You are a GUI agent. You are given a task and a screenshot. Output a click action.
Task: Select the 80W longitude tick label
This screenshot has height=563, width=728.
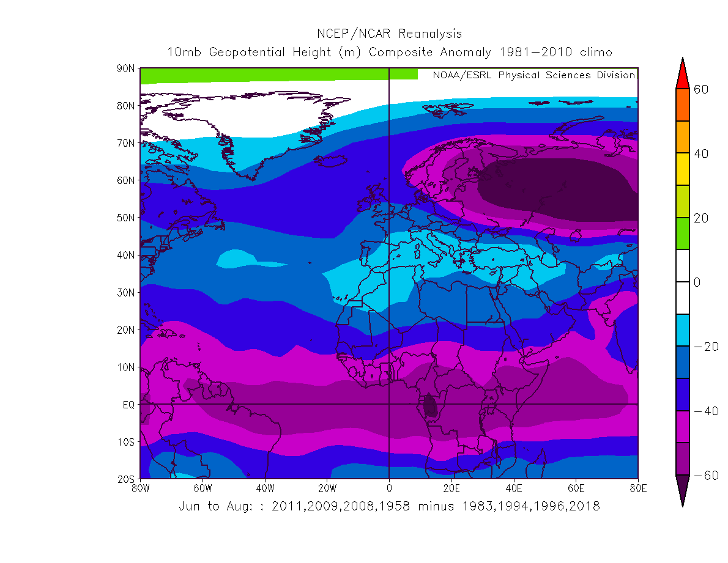tap(140, 488)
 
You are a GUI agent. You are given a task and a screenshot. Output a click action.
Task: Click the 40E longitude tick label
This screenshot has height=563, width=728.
tap(514, 488)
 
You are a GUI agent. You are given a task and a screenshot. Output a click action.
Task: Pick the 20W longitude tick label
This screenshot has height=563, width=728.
tap(327, 488)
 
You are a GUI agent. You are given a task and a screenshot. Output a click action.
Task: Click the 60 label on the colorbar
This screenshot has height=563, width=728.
tap(700, 89)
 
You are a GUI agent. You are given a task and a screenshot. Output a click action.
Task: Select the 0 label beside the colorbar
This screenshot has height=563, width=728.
tap(696, 282)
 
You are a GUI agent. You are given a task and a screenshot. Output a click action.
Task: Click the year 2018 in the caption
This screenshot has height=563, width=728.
tap(586, 506)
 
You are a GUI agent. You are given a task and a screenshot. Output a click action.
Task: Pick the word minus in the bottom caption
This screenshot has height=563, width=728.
tap(426, 506)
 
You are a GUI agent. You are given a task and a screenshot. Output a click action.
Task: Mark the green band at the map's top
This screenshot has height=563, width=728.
tap(278, 75)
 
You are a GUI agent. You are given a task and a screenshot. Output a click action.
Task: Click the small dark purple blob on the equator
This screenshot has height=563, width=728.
tap(430, 405)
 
